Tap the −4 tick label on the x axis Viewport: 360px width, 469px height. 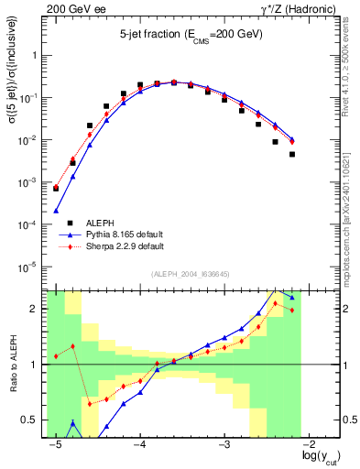(x=139, y=442)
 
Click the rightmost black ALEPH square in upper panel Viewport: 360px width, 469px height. (x=292, y=155)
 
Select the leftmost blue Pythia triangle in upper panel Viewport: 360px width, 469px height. (x=56, y=211)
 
